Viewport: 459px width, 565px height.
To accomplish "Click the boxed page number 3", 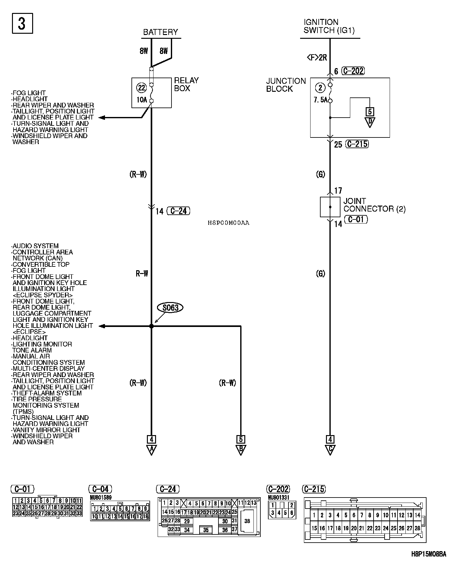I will (22, 23).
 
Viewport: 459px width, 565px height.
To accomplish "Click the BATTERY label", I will (160, 32).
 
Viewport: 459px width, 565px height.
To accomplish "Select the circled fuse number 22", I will (142, 88).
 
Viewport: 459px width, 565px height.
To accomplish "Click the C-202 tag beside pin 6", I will (353, 71).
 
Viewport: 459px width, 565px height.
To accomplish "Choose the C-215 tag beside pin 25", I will (357, 144).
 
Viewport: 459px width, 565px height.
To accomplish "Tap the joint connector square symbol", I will (330, 207).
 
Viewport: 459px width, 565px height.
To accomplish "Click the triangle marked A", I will (151, 450).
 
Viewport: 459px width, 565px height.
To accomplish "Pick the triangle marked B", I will (241, 450).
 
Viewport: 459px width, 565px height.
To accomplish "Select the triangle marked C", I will (330, 450).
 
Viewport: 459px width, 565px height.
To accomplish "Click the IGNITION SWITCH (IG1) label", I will (329, 26).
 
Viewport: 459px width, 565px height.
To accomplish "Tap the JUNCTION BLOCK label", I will (286, 85).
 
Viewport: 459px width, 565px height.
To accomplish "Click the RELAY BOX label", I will (186, 84).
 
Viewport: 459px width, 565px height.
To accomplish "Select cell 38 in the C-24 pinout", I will (247, 521).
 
